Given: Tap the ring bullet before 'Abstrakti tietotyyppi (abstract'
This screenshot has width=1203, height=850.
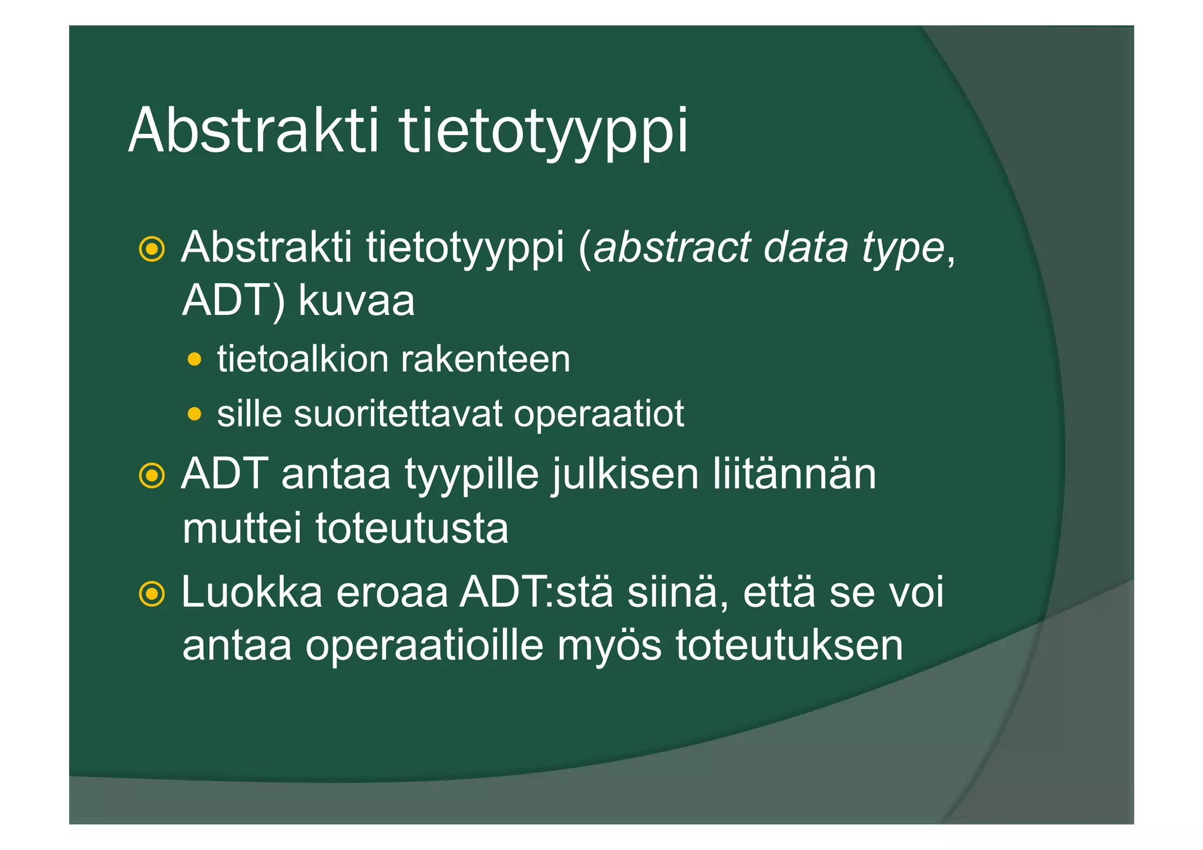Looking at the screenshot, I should click(x=152, y=249).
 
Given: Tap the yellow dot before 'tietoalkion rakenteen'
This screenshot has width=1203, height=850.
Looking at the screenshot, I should click(x=194, y=359).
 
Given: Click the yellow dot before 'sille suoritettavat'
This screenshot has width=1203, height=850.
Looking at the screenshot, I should click(x=194, y=414).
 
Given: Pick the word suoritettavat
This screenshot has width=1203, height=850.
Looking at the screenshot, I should click(x=398, y=414).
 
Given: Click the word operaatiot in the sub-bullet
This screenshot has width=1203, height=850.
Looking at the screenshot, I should click(x=599, y=415).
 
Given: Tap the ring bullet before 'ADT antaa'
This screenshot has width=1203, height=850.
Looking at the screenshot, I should click(x=152, y=475).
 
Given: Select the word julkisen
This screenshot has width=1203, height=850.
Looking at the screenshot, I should click(x=625, y=475).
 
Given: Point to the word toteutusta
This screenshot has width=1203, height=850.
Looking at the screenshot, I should click(x=412, y=528).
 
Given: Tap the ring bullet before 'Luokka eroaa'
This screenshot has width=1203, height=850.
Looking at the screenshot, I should click(x=152, y=594).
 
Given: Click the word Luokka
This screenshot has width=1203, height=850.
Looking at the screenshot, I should click(x=252, y=592).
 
